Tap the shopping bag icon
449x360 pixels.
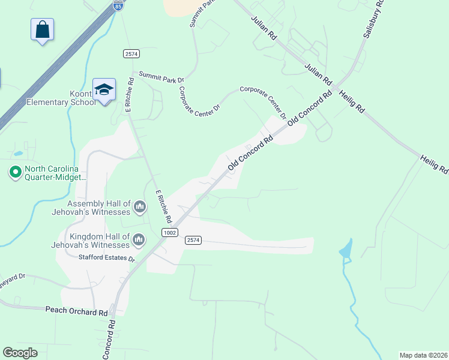(42, 29)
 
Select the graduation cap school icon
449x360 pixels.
(104, 89)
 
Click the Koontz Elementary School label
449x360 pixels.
(61, 97)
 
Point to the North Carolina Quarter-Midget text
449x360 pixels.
(55, 173)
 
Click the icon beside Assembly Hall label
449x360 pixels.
(140, 208)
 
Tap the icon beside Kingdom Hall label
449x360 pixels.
(139, 240)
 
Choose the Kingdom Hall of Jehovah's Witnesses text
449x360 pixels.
(100, 240)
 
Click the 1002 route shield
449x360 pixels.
(170, 232)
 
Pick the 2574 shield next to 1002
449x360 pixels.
(193, 240)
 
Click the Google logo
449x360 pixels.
(20, 353)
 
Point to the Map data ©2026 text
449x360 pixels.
(424, 355)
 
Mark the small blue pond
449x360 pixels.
(346, 250)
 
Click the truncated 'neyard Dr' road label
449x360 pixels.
(13, 277)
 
